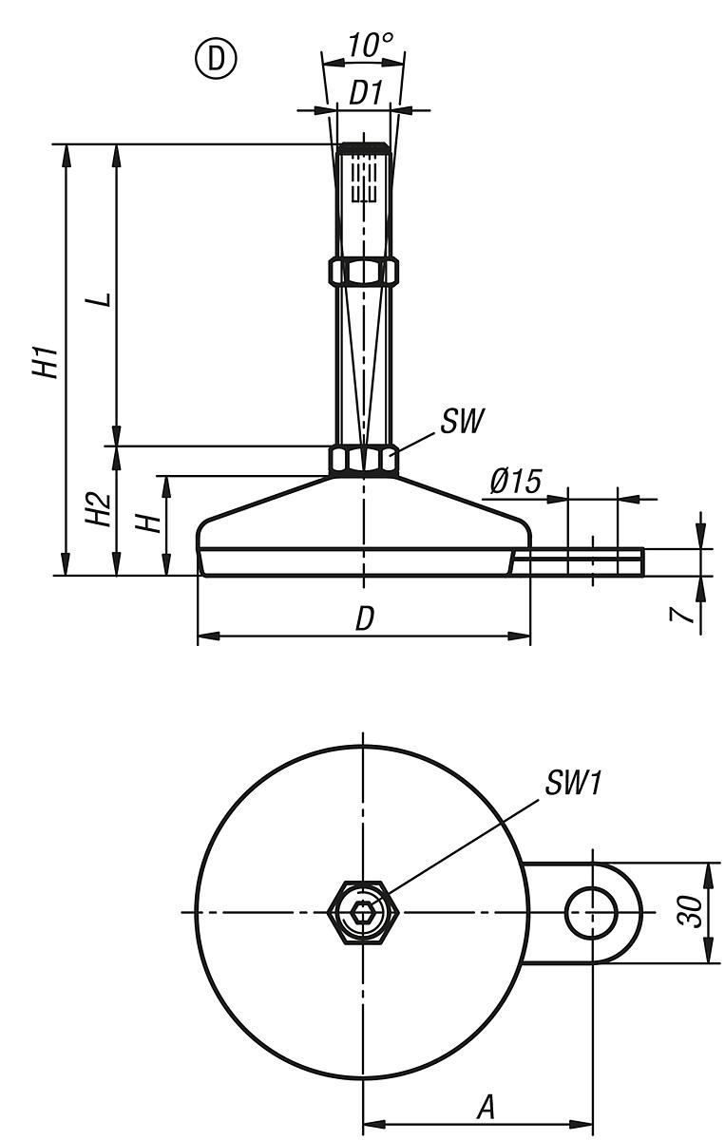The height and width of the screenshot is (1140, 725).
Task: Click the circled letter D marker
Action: point(216,60)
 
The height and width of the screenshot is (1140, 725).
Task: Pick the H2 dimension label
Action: point(98,511)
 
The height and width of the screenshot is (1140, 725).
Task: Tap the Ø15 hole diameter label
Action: point(515,483)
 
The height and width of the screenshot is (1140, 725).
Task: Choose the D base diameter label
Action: point(364,618)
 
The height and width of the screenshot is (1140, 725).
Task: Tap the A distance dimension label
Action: point(486,1107)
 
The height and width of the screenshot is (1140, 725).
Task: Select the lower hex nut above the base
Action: point(363,461)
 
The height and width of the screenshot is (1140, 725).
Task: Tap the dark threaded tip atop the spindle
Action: point(363,148)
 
